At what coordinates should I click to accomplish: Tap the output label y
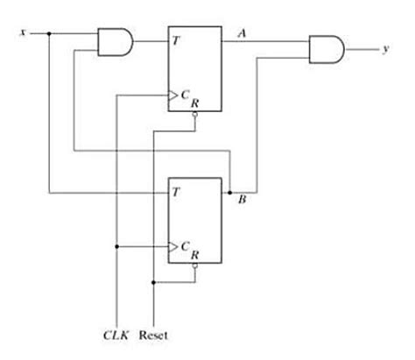pos(385,49)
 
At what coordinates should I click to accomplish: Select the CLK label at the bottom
pos(115,335)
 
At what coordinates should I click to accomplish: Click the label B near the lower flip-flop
pos(242,200)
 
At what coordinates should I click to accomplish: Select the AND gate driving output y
pos(327,49)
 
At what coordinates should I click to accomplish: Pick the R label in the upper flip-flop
pos(194,102)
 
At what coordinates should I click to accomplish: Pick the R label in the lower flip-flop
pos(194,256)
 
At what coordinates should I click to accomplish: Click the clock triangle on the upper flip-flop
pos(173,93)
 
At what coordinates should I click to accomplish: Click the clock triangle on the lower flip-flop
pos(173,246)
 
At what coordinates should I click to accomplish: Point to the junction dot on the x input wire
pos(49,33)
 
